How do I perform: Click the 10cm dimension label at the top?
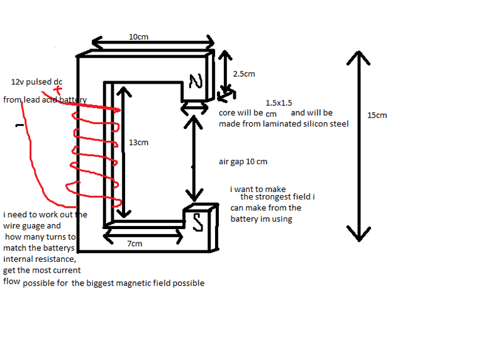139,37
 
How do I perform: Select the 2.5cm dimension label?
244,74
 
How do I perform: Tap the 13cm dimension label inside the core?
138,142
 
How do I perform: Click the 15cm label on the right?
377,115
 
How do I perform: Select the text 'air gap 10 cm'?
243,162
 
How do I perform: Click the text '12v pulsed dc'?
36,82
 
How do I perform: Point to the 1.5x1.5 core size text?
279,102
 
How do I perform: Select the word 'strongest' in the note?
285,198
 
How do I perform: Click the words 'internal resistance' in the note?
40,259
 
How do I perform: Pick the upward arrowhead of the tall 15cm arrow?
358,55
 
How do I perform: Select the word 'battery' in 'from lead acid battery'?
72,100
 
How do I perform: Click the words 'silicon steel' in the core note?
327,124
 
